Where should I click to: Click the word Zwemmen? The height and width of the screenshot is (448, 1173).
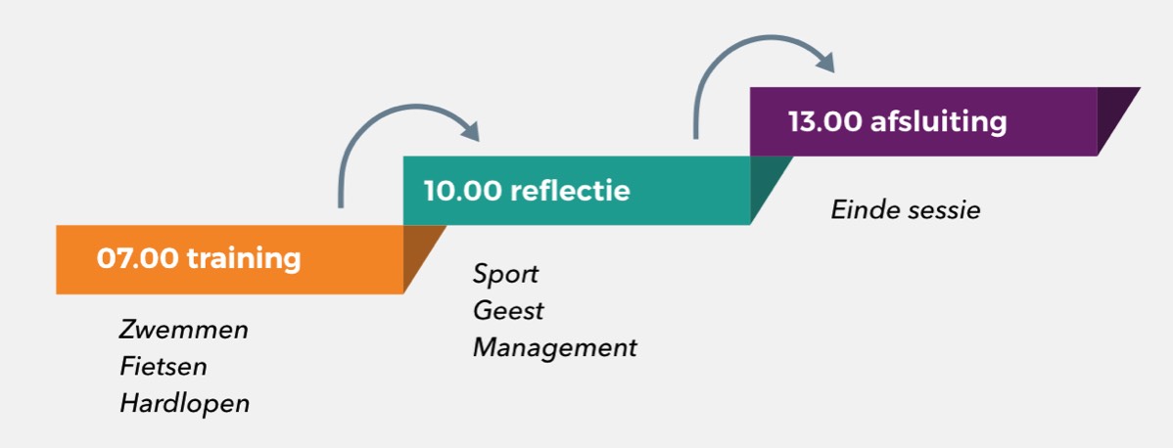click(184, 330)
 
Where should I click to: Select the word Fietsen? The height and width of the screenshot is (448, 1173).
click(164, 367)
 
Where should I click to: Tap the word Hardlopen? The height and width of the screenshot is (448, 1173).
click(184, 403)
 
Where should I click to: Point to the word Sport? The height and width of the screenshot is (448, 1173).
click(505, 274)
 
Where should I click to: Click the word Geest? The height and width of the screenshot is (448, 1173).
click(508, 311)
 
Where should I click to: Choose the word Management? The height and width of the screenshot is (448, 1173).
click(554, 347)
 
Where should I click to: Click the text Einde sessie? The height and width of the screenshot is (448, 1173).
click(905, 210)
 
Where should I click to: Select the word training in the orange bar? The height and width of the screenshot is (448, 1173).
click(244, 259)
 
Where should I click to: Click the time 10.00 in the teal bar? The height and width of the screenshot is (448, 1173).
click(462, 190)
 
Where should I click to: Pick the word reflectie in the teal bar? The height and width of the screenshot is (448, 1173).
click(571, 190)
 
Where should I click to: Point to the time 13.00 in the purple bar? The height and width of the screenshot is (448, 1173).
click(824, 122)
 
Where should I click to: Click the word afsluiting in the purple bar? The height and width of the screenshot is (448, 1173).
click(938, 122)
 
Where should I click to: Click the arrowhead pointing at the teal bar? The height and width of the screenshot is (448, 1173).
click(470, 129)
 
